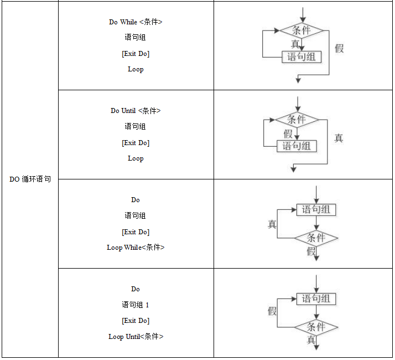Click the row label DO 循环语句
30,179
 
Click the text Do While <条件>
136,22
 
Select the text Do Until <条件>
136,111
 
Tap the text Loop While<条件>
136,248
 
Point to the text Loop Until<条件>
136,337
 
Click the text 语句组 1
136,305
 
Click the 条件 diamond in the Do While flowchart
301,30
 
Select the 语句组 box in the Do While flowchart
302,56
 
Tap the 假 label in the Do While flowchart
339,48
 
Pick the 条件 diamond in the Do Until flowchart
297,119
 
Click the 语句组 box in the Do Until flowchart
297,146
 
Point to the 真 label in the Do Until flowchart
339,138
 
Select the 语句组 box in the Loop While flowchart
316,209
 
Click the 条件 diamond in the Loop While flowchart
316,238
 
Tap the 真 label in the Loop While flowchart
272,224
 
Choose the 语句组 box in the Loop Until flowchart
316,299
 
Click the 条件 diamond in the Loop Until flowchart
316,327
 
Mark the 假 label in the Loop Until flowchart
272,311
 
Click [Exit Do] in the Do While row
136,54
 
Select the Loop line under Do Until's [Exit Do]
136,158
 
